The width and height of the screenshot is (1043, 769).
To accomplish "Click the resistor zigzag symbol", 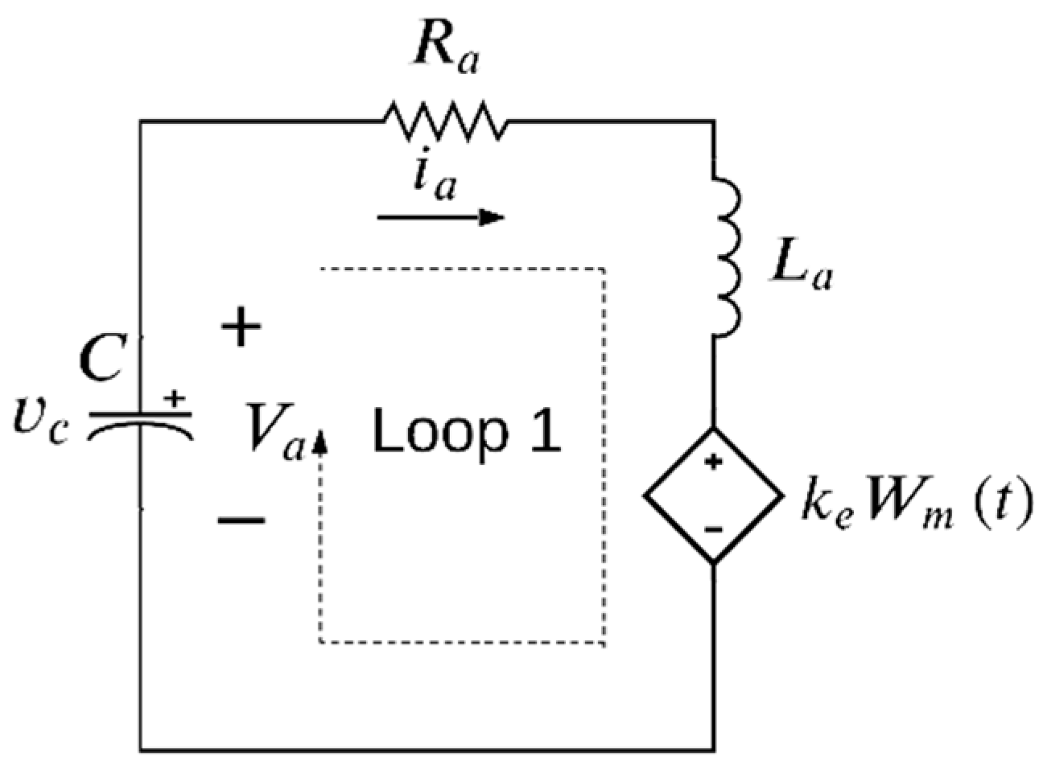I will tap(445, 121).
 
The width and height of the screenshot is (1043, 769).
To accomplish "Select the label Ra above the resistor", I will tap(445, 52).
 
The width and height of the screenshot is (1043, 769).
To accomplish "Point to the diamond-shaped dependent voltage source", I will tap(713, 496).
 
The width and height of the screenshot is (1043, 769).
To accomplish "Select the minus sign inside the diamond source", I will tap(713, 529).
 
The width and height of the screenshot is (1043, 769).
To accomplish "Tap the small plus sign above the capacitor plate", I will tap(174, 398).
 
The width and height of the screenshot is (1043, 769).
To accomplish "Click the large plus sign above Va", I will tap(241, 328).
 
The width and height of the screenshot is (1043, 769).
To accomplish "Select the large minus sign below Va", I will tap(241, 520).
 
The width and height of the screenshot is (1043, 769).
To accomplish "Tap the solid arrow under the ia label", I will tap(440, 217).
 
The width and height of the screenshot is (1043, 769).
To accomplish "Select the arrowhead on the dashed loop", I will tap(320, 440).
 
